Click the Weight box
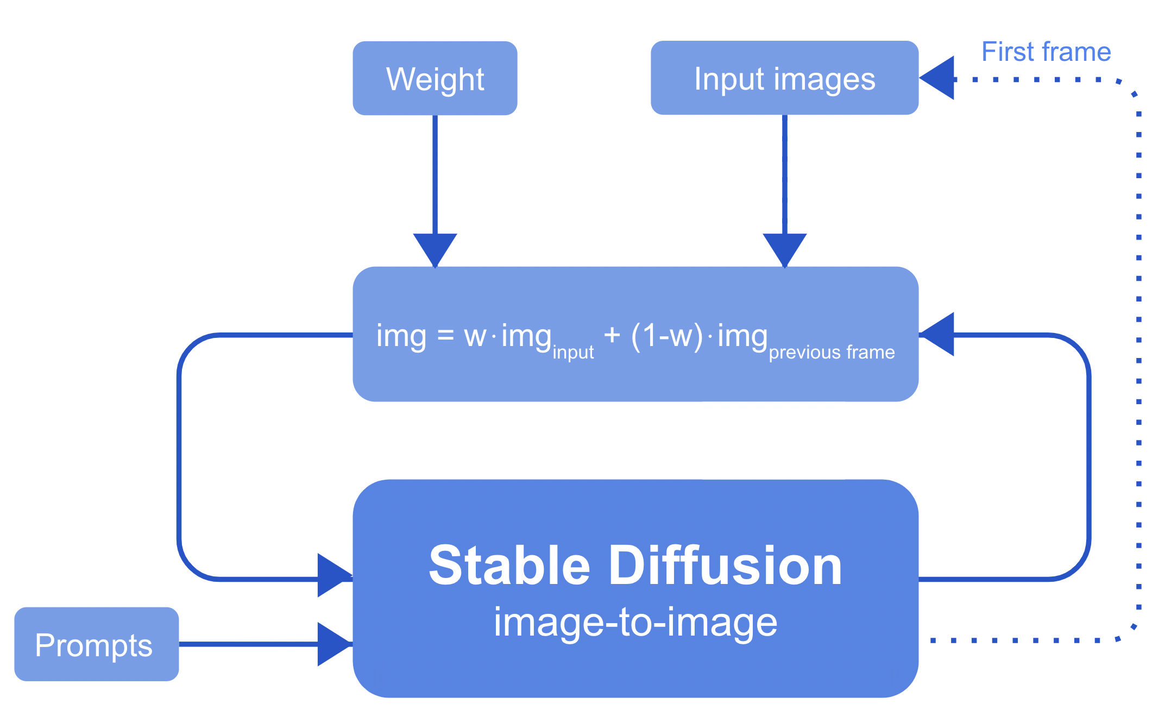point(435,78)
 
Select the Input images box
point(784,78)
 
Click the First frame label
point(1046,52)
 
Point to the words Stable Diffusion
point(635,566)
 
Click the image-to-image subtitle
point(635,623)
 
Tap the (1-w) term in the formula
point(667,336)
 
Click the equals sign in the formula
point(445,336)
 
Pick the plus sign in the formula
point(612,335)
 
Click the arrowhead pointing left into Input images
point(939,78)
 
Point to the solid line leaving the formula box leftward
point(272,335)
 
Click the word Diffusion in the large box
point(726,566)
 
